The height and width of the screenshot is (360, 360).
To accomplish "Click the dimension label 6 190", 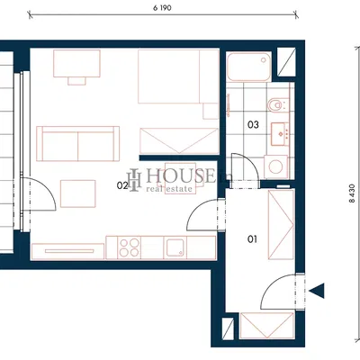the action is pos(162,8).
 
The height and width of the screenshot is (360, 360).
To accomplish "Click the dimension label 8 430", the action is pos(352,193).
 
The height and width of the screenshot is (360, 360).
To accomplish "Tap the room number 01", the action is pos(252,239).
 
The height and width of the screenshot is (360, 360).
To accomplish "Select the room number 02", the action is pos(122,185).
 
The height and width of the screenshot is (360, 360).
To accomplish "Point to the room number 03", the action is pos(253,124).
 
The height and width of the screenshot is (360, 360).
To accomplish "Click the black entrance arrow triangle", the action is pos(317,291).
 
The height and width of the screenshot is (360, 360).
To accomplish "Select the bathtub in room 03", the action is pos(249,67).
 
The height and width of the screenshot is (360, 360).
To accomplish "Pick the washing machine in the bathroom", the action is pos(275,166).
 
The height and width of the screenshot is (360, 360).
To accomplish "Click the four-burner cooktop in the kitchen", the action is pos(130,247).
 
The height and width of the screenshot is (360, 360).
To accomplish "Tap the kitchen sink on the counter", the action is pos(175,247).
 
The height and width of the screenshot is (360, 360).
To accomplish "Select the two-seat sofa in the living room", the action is pos(78,144).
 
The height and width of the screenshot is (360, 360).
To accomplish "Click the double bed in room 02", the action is pos(178,76).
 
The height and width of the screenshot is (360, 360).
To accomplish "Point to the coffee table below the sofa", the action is pos(78,193).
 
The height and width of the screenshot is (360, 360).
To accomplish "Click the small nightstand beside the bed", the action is pos(211,111).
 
